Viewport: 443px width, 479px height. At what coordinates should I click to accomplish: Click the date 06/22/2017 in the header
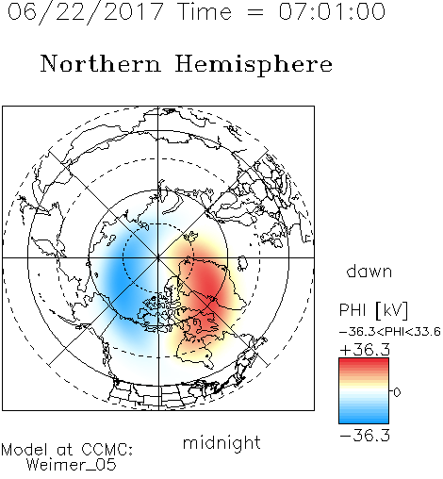[x=86, y=12]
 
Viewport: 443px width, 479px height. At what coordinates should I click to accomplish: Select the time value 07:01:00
[x=332, y=11]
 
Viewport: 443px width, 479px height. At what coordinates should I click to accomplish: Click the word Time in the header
[x=205, y=11]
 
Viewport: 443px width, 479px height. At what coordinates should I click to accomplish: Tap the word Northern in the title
[x=101, y=63]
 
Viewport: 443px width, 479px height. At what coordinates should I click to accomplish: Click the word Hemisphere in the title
[x=254, y=65]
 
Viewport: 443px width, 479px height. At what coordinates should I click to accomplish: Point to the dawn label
[x=369, y=271]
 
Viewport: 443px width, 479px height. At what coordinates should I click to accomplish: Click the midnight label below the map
[x=221, y=442]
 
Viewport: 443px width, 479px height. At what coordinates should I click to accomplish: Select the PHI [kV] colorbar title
[x=373, y=310]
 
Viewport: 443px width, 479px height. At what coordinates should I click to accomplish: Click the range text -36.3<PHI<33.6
[x=390, y=332]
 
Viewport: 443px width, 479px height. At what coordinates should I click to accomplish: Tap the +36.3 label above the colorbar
[x=365, y=350]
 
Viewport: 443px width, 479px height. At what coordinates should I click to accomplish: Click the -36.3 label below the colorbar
[x=365, y=436]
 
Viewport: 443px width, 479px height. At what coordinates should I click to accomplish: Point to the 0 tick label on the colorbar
[x=397, y=392]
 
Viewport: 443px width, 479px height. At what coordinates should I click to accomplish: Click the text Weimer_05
[x=72, y=465]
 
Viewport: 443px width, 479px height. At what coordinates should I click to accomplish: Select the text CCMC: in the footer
[x=107, y=450]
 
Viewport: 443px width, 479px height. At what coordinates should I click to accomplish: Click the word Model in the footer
[x=25, y=450]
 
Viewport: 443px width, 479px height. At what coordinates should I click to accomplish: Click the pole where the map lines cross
[x=158, y=257]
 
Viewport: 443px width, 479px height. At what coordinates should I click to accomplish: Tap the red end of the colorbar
[x=364, y=362]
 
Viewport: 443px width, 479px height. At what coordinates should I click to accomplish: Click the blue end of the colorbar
[x=364, y=420]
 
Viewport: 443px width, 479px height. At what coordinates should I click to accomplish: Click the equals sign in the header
[x=255, y=12]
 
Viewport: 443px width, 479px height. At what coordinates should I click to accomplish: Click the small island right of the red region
[x=241, y=263]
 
